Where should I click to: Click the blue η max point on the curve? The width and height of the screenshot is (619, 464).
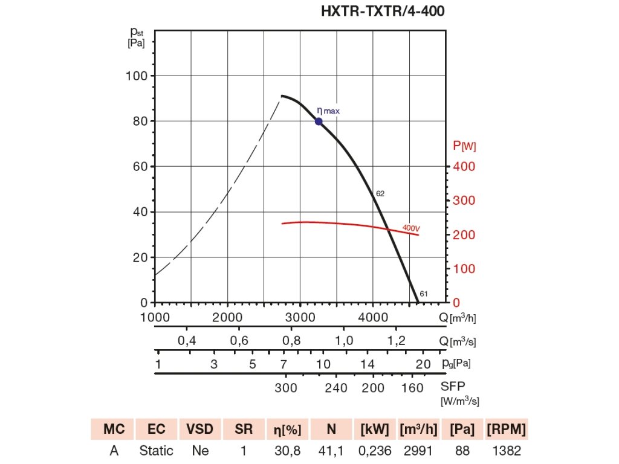coord(319,121)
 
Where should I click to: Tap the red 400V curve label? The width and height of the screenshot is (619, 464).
coord(411,228)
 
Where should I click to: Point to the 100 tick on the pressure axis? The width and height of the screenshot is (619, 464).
coord(137,76)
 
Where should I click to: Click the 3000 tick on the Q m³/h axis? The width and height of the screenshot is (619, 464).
coord(300,318)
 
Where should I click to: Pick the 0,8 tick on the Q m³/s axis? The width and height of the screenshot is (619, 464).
coord(292,341)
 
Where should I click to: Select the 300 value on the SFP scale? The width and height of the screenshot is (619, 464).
coord(286,388)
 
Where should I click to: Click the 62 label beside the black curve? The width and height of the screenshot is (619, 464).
coord(380,194)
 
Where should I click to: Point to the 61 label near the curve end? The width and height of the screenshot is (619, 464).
coord(424,294)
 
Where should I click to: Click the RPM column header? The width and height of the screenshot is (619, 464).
coord(506,430)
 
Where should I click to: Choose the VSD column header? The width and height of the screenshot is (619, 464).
coord(199,430)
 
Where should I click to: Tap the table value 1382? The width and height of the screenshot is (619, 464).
coord(506,451)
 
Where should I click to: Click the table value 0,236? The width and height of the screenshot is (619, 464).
coord(375,451)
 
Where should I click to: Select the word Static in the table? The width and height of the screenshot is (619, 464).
coord(156,451)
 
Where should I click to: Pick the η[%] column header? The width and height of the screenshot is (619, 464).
coord(287,430)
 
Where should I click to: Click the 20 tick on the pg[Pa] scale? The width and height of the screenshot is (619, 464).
coord(423,364)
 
